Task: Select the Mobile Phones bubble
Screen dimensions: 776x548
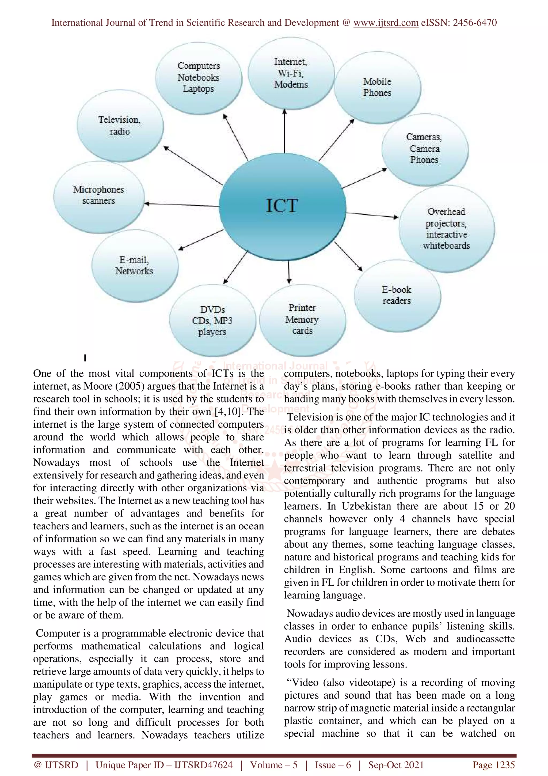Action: tap(377, 87)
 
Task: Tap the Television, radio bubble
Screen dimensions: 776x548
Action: tap(120, 126)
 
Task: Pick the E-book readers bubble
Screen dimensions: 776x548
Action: tap(397, 295)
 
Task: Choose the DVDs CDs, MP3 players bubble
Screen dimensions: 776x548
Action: tap(212, 321)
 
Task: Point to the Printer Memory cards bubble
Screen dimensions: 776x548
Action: tap(302, 319)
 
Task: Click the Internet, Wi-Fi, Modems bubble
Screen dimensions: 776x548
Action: tap(291, 73)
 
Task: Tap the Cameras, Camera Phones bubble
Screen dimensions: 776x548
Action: tap(424, 149)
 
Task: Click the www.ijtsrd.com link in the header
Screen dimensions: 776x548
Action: tap(386, 23)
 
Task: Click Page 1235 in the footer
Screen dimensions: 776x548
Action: tap(493, 765)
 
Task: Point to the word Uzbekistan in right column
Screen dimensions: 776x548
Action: tap(366, 506)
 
